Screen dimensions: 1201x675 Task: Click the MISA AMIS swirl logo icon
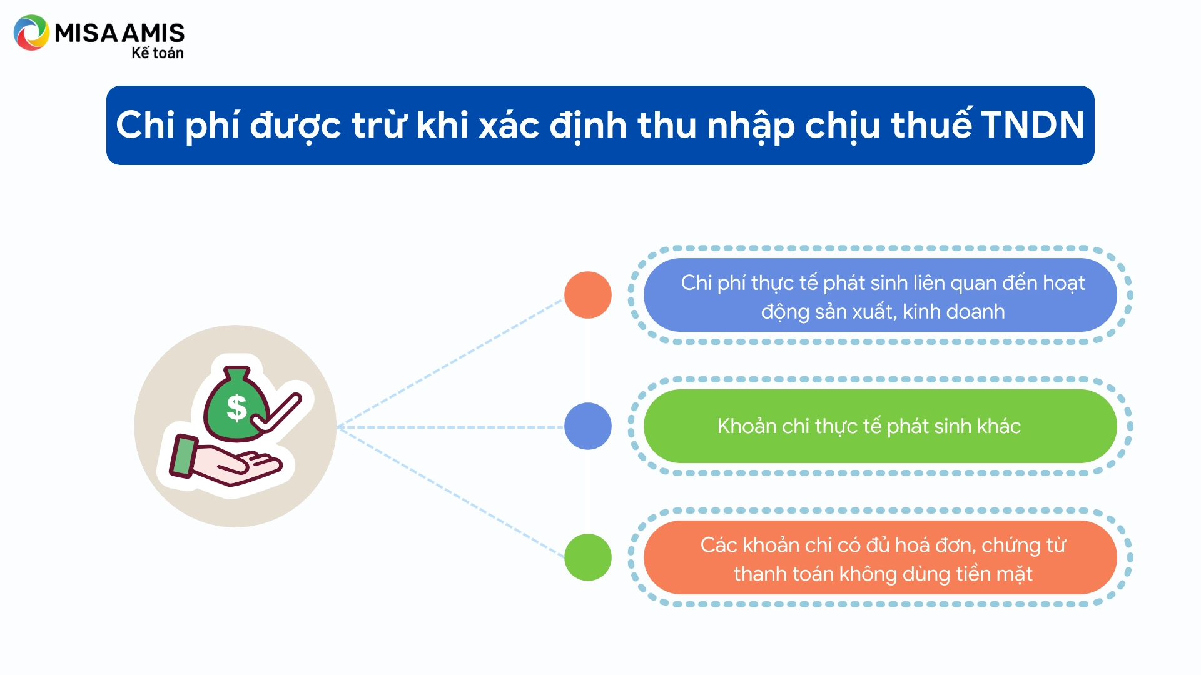[x=31, y=32]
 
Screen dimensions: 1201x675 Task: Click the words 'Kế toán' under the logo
[x=158, y=53]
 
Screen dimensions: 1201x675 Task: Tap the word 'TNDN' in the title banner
[x=1032, y=124]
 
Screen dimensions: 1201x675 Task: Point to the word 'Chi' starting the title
[x=145, y=124]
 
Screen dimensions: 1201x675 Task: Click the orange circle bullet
[x=588, y=295]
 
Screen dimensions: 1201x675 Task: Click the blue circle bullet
[x=588, y=426]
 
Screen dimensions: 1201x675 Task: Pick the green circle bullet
[x=588, y=557]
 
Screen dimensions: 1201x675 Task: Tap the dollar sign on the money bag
[x=236, y=408]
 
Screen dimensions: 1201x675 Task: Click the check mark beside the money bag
[x=276, y=413]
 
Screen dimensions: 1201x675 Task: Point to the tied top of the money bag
[x=237, y=374]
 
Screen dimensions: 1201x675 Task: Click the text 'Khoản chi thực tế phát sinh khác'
[x=869, y=426]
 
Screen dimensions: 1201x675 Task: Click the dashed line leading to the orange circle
[x=450, y=364]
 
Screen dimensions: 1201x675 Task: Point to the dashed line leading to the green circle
[x=450, y=492]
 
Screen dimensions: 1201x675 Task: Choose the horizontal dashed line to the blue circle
[x=450, y=427]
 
